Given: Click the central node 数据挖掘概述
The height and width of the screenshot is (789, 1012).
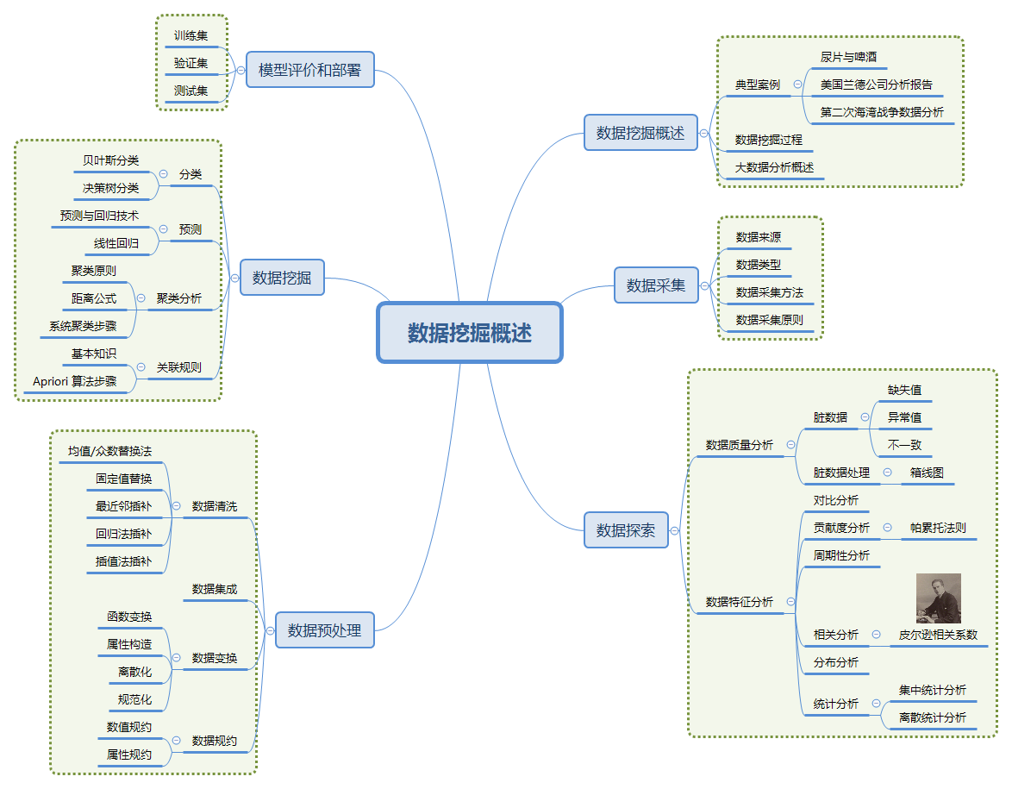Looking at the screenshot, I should tap(470, 333).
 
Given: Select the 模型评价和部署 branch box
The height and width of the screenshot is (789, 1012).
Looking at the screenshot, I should tap(310, 70).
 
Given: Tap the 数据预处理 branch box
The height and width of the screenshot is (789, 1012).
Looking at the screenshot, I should tap(325, 630).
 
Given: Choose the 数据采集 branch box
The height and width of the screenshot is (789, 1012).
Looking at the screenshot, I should tap(656, 285).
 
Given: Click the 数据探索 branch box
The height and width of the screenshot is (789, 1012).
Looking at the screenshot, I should tap(626, 530).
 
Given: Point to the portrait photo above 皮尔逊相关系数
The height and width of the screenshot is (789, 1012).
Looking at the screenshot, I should tap(938, 598).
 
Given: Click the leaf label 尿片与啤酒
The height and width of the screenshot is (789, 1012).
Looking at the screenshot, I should tap(848, 58).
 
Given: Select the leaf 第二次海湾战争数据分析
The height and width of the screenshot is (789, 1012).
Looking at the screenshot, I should tap(882, 113).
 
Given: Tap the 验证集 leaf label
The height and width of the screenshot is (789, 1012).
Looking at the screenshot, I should tap(191, 63).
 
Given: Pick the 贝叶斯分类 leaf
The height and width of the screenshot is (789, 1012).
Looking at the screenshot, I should tap(111, 160).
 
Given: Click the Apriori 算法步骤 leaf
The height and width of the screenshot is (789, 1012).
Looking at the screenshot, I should tap(75, 381).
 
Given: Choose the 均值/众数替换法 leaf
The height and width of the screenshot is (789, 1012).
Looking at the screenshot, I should tap(109, 451).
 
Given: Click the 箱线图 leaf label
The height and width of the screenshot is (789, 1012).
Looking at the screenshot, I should tap(927, 473).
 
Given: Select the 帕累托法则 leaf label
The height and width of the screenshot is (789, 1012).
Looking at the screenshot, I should tap(938, 528).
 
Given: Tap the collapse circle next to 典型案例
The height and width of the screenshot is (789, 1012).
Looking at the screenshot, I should tap(797, 85).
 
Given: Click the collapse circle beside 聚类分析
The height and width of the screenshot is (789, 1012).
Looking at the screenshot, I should tap(141, 298).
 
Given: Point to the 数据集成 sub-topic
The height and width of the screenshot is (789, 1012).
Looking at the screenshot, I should tap(215, 590).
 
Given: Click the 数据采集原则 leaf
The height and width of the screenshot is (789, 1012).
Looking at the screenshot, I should tap(769, 320).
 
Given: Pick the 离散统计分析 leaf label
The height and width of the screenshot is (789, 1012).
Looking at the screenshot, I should tap(932, 717).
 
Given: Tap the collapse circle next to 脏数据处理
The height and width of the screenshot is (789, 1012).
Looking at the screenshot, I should tap(887, 473).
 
